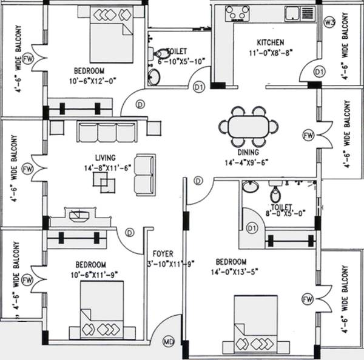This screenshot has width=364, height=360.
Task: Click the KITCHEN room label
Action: point(270,42)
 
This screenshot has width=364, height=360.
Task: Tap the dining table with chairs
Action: point(249,128)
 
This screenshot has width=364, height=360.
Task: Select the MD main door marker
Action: point(169,342)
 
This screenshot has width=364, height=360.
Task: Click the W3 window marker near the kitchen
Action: point(331,23)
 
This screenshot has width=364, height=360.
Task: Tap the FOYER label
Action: point(163,255)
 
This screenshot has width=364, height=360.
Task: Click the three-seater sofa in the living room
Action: point(107,132)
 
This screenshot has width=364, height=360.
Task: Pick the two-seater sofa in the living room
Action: point(144,173)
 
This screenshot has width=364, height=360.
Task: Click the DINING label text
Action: point(249,152)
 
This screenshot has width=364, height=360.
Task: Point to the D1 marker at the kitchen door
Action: point(319,72)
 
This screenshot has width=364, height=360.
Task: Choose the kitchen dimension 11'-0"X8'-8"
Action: point(270,52)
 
